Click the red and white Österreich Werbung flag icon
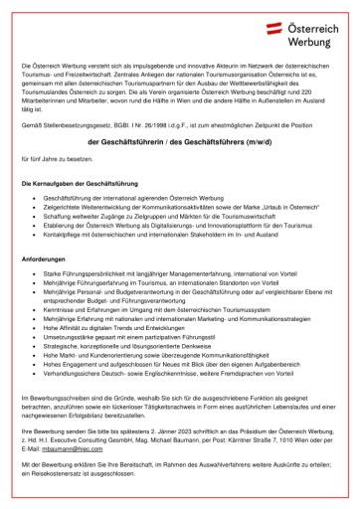[x=273, y=31]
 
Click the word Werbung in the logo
[x=315, y=40]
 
